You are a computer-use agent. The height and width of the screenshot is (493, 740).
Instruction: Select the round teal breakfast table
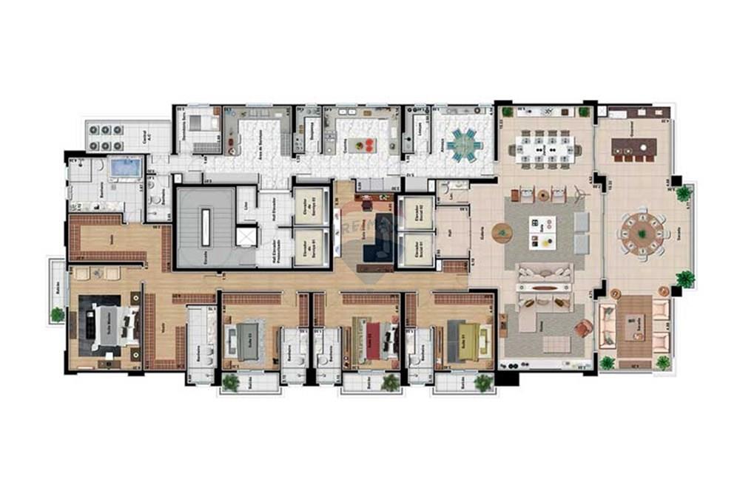click(464, 143)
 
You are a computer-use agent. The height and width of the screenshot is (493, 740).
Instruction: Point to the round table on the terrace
click(641, 235)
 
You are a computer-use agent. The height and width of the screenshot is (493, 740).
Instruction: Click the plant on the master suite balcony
click(57, 314)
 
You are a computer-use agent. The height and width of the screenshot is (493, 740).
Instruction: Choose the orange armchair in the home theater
click(582, 328)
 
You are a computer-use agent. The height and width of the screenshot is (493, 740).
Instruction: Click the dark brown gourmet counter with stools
click(633, 148)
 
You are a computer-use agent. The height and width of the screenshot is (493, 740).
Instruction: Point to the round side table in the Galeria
click(503, 233)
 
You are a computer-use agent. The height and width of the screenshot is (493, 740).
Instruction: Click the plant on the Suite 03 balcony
click(231, 382)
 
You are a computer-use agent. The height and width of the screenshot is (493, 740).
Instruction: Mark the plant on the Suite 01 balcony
click(483, 382)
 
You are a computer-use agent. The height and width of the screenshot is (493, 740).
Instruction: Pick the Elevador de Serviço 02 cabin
click(310, 203)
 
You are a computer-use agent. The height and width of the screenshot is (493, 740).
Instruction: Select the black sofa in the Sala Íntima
click(379, 240)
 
